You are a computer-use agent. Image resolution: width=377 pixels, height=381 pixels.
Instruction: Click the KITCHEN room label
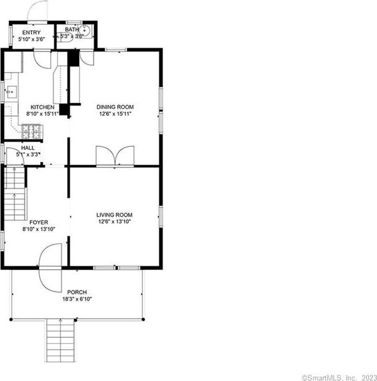click(x=43, y=107)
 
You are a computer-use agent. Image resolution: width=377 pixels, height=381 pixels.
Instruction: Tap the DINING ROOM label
click(x=115, y=107)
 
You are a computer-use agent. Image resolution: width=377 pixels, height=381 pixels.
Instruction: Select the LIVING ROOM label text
click(x=114, y=215)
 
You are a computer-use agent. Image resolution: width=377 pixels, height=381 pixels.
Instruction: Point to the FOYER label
click(x=38, y=222)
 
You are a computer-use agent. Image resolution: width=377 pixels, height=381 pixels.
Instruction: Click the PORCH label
click(x=77, y=292)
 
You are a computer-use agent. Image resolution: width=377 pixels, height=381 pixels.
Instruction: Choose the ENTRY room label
click(x=31, y=32)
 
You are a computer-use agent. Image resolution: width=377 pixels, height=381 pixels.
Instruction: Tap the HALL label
click(x=28, y=148)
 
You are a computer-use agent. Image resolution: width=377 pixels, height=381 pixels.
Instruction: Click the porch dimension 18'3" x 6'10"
click(x=77, y=299)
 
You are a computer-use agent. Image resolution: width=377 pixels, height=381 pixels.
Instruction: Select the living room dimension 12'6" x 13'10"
click(x=114, y=221)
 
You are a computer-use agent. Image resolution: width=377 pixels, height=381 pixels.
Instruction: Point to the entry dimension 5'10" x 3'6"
click(x=31, y=39)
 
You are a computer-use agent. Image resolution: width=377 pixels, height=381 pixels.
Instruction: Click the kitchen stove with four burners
click(x=31, y=132)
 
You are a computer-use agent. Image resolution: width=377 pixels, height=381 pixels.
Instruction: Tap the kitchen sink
click(x=12, y=92)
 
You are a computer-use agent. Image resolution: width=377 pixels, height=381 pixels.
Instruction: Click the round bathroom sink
click(x=84, y=31)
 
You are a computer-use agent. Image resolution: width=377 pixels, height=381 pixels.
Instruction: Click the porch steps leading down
click(x=60, y=340)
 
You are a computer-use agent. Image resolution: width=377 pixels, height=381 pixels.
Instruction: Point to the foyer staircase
click(x=15, y=193)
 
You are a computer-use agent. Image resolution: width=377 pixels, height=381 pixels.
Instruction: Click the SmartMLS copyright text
click(x=339, y=378)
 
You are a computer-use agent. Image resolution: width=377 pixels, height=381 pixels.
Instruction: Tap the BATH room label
click(x=72, y=29)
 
